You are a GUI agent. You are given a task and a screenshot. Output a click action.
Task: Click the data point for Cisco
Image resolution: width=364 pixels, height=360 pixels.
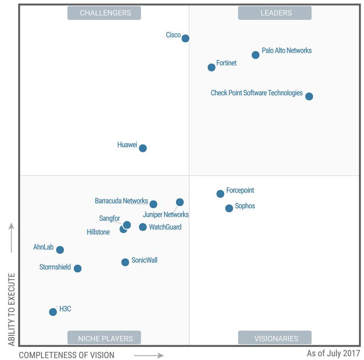coord(185,38)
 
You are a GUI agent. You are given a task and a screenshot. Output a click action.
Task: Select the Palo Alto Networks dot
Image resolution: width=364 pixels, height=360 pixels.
coord(255,55)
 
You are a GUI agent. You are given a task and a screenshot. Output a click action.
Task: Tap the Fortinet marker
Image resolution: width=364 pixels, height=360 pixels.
coord(212,67)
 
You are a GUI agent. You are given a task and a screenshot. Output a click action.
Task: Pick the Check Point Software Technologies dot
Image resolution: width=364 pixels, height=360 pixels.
coord(309,96)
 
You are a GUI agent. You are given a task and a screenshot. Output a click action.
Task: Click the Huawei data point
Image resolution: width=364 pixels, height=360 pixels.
coord(143,148)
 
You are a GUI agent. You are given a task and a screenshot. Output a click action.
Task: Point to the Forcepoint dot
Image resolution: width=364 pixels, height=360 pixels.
coord(220,194)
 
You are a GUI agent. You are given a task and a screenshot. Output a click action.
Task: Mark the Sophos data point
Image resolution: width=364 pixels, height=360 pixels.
coord(229,208)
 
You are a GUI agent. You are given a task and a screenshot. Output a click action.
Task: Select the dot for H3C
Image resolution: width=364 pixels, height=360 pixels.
coord(53,312)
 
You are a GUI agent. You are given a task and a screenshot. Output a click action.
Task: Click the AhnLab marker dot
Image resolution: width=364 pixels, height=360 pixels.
coord(60,250)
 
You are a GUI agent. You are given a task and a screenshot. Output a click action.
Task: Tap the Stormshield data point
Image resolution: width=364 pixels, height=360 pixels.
coord(77,269)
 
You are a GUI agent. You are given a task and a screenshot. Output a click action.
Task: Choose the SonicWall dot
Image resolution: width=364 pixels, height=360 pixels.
coord(125,262)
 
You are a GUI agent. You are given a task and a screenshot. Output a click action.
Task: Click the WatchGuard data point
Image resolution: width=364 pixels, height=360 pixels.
coord(143,227)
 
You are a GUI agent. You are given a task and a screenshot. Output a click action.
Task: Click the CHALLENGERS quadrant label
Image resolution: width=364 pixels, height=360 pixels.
coord(104,13)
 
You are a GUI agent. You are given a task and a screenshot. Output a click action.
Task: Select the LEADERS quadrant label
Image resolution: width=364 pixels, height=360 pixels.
coord(275,13)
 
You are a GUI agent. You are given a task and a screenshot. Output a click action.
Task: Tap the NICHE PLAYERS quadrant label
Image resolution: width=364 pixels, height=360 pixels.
coord(104,339)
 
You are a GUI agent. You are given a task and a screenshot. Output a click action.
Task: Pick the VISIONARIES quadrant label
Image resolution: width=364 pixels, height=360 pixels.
coord(275,339)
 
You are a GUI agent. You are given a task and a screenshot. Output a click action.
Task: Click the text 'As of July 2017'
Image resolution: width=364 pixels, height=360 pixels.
coord(333,353)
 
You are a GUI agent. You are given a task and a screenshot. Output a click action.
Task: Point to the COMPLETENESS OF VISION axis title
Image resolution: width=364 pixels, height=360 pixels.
coord(67,355)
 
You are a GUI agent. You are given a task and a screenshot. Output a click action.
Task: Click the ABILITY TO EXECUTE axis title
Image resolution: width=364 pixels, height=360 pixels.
coord(11,309)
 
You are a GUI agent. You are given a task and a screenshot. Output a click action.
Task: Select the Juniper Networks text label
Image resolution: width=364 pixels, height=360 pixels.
coord(166,214)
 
